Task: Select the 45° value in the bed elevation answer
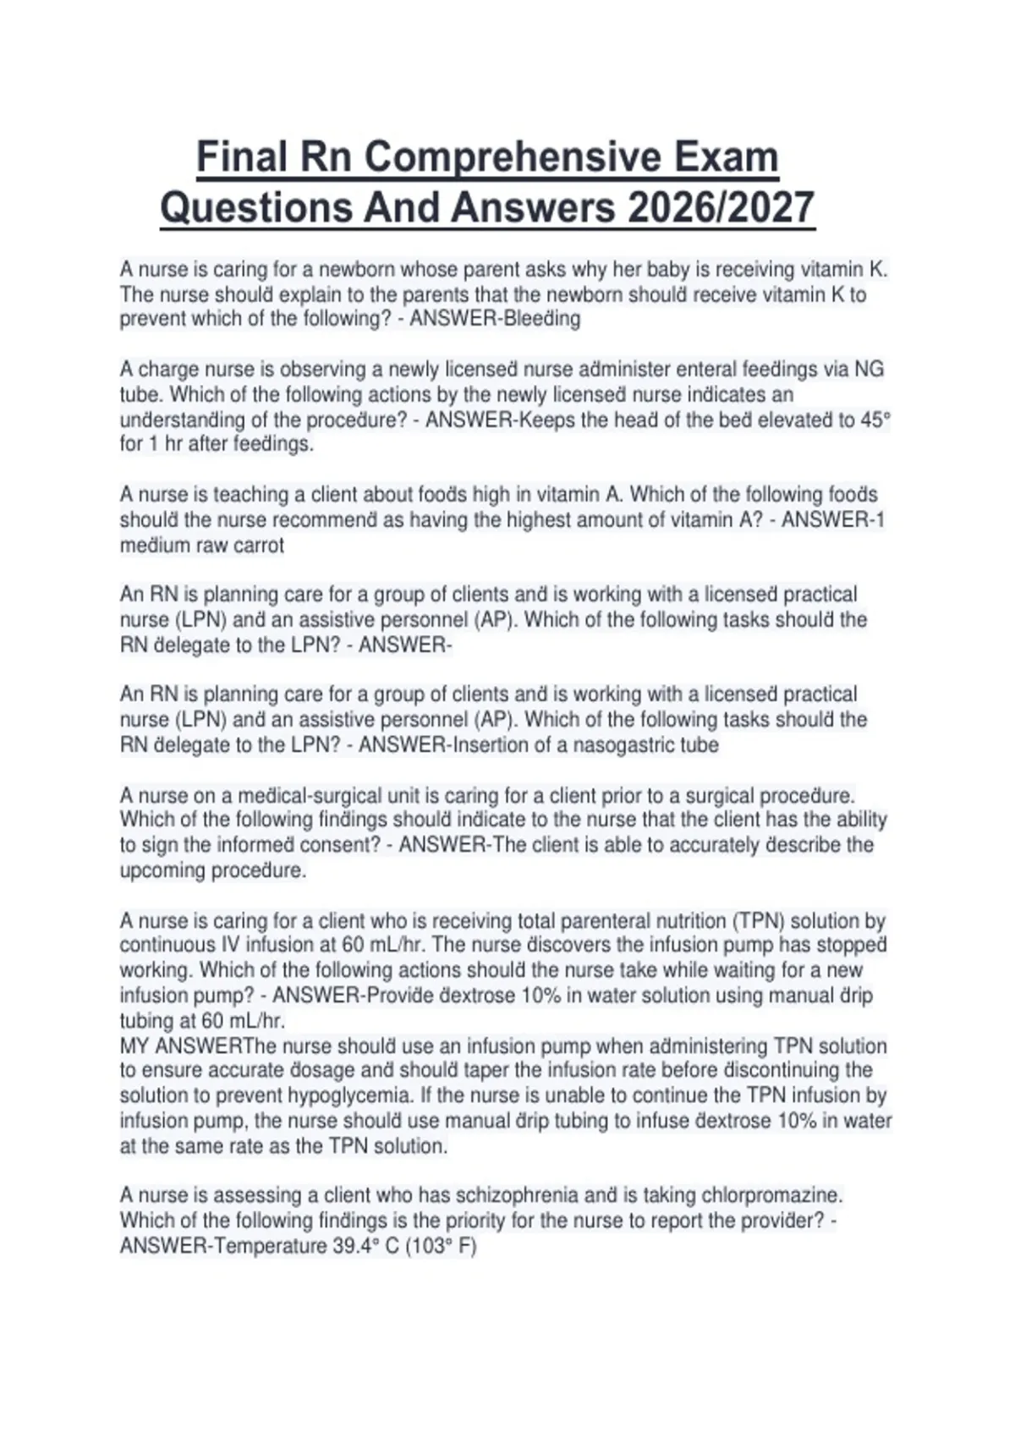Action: [x=875, y=420]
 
